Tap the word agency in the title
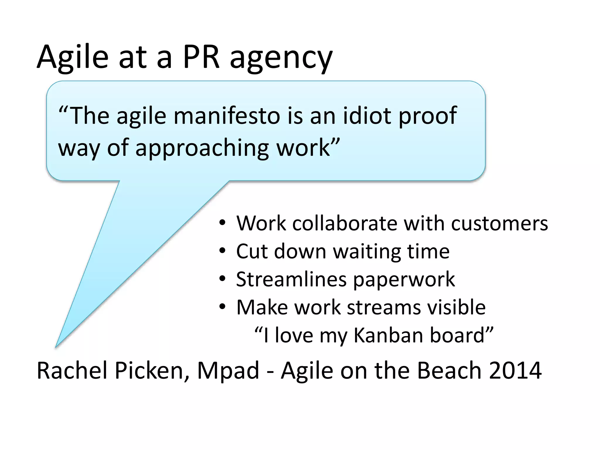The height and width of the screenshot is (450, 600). coord(281,59)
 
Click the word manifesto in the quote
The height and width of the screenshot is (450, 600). coord(227,116)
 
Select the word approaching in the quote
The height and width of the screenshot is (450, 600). coord(202,149)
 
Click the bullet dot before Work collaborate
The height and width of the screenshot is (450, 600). coord(223,223)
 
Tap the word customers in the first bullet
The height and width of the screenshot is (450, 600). coord(499,224)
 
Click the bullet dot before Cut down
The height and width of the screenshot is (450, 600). coord(223,251)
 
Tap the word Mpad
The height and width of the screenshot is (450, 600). coord(228,371)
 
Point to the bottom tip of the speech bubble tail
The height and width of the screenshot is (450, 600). coord(56,347)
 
